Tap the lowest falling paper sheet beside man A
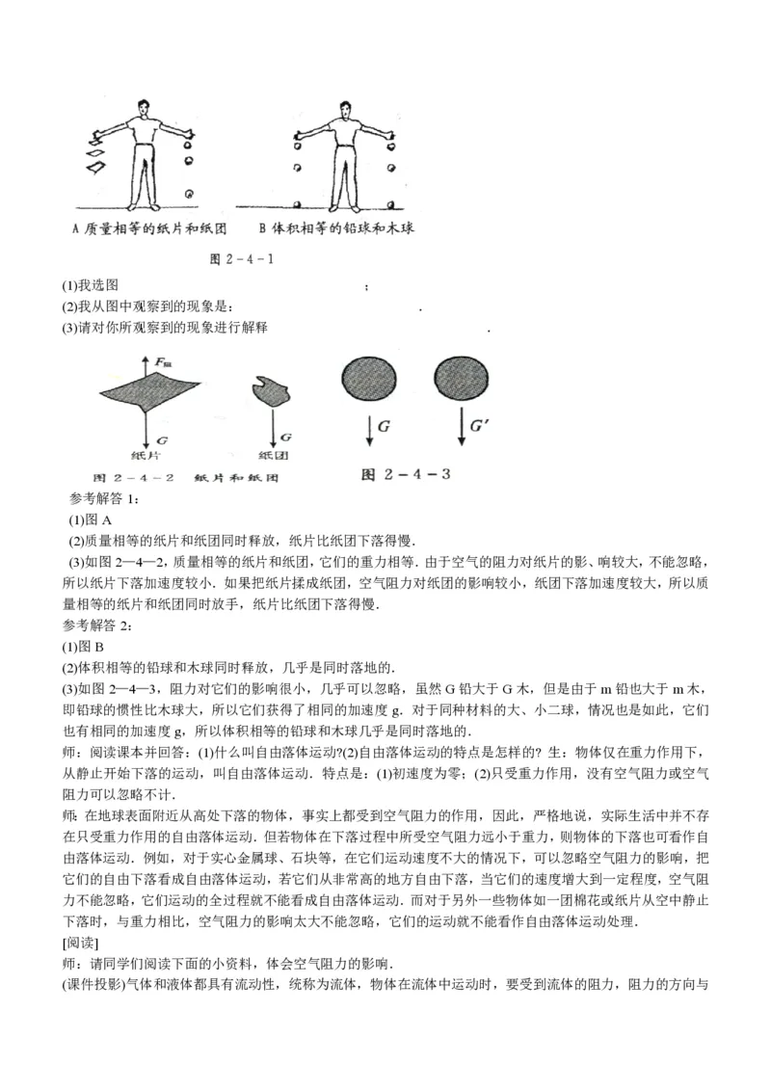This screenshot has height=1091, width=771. coord(96,169)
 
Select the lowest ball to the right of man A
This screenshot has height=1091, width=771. coord(190,194)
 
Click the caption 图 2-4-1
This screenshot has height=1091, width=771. coord(246,259)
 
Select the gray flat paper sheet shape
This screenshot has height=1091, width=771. coord(145,390)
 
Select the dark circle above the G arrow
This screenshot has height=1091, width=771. coord(367,378)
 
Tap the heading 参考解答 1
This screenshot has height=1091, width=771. coord(105,498)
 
